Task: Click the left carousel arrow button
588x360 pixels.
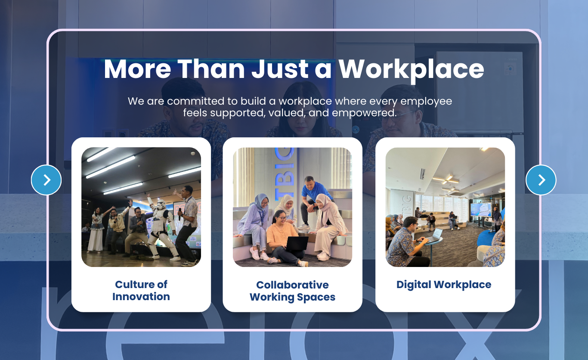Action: tap(46, 180)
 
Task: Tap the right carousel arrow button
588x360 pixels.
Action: tap(541, 180)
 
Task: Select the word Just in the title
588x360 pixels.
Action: tap(280, 69)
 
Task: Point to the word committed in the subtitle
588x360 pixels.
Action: tap(202, 101)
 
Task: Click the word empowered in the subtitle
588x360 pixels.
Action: tap(364, 113)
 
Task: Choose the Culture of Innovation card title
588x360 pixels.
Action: tap(141, 290)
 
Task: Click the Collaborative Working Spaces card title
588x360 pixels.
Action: tap(292, 291)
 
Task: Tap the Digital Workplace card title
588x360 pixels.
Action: tap(444, 285)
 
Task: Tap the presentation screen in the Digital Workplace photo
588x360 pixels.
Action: tap(480, 210)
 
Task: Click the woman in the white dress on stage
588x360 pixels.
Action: tap(96, 230)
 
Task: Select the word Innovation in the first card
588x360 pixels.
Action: tap(141, 296)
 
